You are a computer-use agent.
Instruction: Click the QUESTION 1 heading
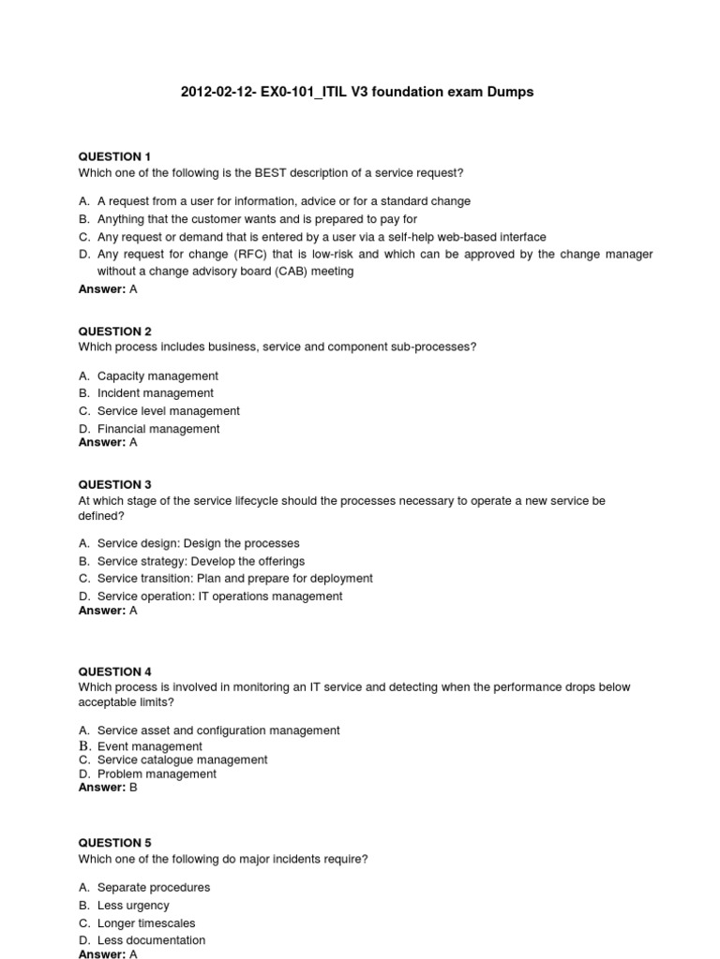click(x=114, y=156)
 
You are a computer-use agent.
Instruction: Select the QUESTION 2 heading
click(x=114, y=332)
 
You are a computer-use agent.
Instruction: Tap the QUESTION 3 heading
click(x=114, y=485)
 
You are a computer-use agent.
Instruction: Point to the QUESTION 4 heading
click(x=114, y=671)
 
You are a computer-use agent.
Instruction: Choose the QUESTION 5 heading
click(x=114, y=843)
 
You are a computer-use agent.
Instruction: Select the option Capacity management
click(x=157, y=376)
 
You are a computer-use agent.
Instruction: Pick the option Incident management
click(x=156, y=393)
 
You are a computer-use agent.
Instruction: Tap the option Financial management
click(x=158, y=429)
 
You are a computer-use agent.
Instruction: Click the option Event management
click(x=150, y=746)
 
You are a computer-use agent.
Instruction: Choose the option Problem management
click(x=157, y=775)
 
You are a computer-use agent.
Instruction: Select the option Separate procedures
click(x=154, y=887)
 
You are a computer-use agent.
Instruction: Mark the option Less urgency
click(x=133, y=906)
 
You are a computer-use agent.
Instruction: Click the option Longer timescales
click(x=146, y=923)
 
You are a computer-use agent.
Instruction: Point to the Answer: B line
click(x=107, y=788)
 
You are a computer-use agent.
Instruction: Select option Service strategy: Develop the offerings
click(x=201, y=561)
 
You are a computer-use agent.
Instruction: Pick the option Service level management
click(x=169, y=411)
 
